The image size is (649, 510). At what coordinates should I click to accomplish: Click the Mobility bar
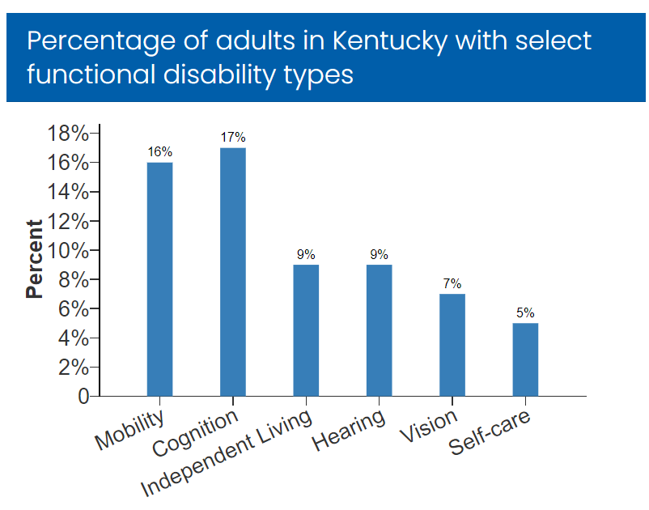click(x=159, y=279)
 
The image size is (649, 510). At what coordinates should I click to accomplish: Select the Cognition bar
click(x=233, y=272)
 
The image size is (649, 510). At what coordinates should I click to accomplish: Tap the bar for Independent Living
click(x=306, y=330)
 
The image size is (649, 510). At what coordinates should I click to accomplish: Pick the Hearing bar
click(x=380, y=330)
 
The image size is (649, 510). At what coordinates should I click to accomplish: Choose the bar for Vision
click(x=452, y=345)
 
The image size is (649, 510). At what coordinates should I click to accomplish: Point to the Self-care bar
click(x=525, y=359)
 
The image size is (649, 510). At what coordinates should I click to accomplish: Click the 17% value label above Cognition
click(x=233, y=138)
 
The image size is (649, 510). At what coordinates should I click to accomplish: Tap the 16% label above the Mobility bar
click(x=159, y=152)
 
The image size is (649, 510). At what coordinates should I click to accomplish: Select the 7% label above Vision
click(x=452, y=283)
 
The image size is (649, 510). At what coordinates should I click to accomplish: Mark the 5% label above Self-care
click(x=525, y=312)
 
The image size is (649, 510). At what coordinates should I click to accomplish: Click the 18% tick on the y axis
click(x=72, y=134)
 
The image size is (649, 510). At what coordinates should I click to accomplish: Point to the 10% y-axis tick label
click(x=72, y=250)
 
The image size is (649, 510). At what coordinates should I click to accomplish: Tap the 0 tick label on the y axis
click(x=83, y=397)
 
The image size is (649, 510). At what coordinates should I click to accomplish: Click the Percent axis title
click(x=34, y=259)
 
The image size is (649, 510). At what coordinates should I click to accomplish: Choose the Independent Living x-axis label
click(x=227, y=453)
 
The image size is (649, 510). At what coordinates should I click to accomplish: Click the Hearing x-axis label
click(x=350, y=431)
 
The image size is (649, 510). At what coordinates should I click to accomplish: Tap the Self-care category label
click(x=490, y=434)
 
